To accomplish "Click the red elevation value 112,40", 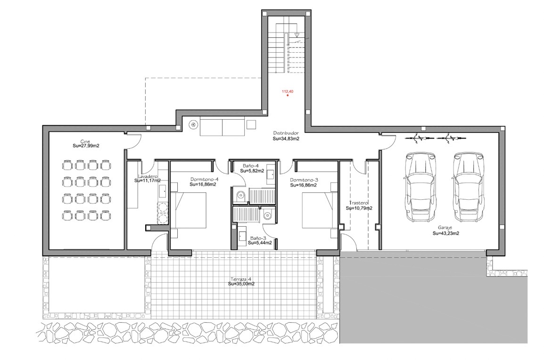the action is point(288,91).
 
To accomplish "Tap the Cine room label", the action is point(85,141).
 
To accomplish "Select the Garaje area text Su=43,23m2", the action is point(446,233).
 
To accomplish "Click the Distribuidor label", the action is point(286,133).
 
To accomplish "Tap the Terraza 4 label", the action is point(241,279).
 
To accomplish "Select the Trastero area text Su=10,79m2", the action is point(359,208).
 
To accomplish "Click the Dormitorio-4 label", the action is point(204,180).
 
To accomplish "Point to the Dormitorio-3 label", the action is point(304,180).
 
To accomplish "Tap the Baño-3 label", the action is point(258,238).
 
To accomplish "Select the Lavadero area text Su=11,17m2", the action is point(148,180).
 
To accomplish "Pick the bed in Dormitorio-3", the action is point(320,210).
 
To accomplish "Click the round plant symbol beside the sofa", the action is point(193,124).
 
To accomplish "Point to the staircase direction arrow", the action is point(297,34).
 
